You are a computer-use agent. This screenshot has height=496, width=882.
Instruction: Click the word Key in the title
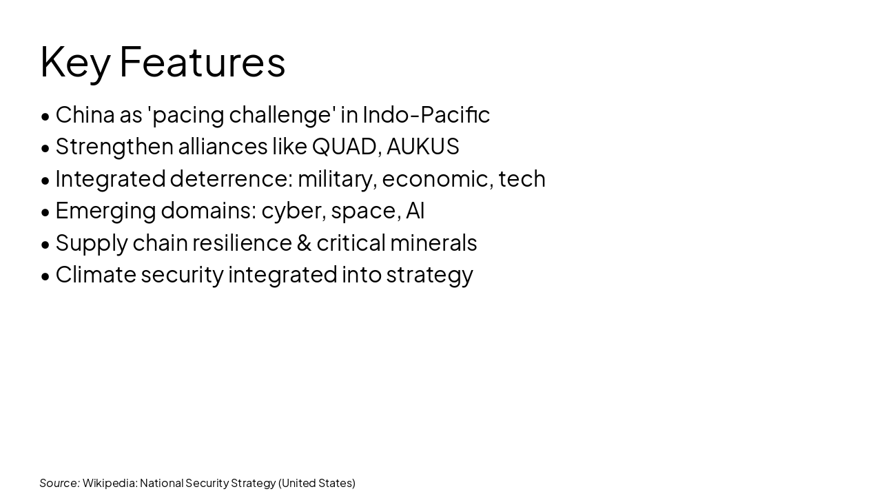[74, 62]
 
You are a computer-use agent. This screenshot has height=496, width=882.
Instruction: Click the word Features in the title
[202, 62]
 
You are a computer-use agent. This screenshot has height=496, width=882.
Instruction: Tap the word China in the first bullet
[85, 114]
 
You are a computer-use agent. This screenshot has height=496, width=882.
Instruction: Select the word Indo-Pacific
[426, 114]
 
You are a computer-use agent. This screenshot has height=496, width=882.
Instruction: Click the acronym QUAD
[344, 147]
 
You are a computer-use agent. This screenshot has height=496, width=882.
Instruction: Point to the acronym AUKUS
[422, 147]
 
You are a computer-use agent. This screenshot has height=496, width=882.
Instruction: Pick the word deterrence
[232, 178]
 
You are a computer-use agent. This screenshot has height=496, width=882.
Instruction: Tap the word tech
[522, 178]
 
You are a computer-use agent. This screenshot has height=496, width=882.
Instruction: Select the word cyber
[293, 211]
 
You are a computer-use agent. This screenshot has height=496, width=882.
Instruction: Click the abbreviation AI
[415, 211]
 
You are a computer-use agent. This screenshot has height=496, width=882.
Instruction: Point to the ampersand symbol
[304, 243]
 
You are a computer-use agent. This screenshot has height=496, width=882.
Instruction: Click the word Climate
[96, 275]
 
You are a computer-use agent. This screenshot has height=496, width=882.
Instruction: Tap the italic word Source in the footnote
[59, 483]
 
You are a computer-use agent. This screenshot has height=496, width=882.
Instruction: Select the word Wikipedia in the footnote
[110, 483]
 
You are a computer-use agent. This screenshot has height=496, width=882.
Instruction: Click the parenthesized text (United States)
[317, 483]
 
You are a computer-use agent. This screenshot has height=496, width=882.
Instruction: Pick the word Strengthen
[114, 147]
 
